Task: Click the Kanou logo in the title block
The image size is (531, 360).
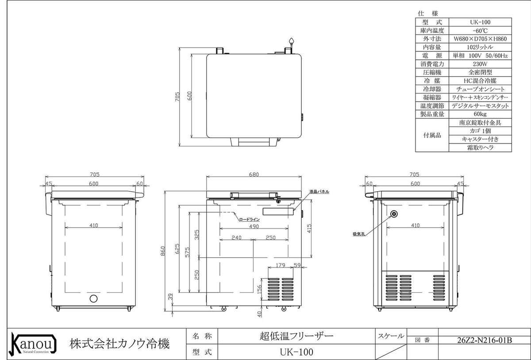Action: click(x=33, y=344)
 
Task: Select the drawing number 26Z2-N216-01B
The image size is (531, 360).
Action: click(x=484, y=341)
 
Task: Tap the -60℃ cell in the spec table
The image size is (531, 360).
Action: click(x=480, y=31)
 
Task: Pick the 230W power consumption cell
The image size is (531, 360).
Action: click(x=480, y=64)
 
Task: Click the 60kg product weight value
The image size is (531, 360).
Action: click(x=480, y=114)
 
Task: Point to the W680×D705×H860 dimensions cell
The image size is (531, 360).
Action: click(x=480, y=39)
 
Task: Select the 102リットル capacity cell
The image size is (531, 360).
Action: click(x=480, y=47)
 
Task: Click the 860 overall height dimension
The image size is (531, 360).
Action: click(x=163, y=251)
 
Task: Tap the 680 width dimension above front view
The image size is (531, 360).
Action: click(x=254, y=174)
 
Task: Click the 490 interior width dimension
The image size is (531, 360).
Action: click(x=254, y=226)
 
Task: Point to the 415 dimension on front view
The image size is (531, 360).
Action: click(x=309, y=228)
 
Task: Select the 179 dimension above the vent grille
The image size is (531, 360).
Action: click(x=281, y=265)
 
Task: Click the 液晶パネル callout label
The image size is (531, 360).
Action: click(x=319, y=192)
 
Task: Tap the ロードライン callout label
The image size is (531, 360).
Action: click(x=250, y=220)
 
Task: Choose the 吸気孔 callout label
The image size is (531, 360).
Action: click(x=359, y=234)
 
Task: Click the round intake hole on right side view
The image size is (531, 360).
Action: click(x=394, y=214)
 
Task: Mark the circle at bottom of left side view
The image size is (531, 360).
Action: click(x=93, y=298)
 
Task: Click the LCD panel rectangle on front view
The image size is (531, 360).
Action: click(x=278, y=211)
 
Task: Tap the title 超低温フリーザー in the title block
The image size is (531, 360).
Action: click(x=296, y=336)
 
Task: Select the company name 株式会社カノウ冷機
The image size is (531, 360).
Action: click(x=119, y=344)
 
